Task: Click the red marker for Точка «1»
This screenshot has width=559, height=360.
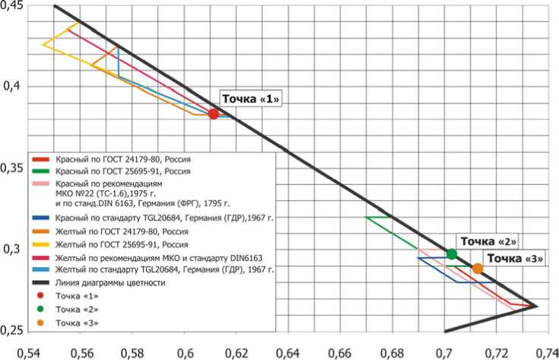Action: point(214,114)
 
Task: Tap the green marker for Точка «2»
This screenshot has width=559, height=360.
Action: point(452,254)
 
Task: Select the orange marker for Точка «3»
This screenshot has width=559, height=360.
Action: point(478,269)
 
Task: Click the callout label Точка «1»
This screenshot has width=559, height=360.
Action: point(251,99)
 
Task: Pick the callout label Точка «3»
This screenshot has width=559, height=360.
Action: point(514,259)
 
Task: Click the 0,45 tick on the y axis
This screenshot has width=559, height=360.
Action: point(11,6)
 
